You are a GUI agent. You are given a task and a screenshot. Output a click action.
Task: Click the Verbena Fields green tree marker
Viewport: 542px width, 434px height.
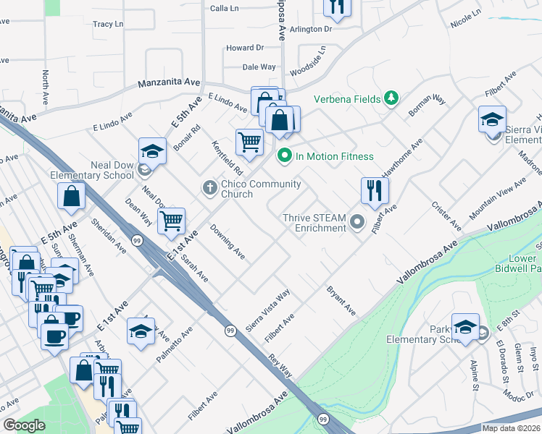click(x=391, y=98)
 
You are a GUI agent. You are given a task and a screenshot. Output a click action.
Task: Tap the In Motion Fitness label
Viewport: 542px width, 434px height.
click(x=334, y=156)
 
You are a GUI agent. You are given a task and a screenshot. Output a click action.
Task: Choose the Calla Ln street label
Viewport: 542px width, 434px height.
click(x=224, y=8)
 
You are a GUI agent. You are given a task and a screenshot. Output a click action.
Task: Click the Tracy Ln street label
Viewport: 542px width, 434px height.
click(x=108, y=24)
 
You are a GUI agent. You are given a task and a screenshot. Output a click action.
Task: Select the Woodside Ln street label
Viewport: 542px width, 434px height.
click(x=309, y=62)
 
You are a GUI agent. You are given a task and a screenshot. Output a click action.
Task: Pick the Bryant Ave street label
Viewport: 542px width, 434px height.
click(x=341, y=300)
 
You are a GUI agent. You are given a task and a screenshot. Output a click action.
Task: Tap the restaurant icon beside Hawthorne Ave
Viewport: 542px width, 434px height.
click(x=375, y=191)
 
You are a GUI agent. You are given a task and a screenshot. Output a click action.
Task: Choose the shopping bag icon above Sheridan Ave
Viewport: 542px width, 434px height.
click(x=72, y=195)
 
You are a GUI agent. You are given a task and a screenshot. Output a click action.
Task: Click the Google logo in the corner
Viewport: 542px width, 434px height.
click(x=24, y=425)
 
